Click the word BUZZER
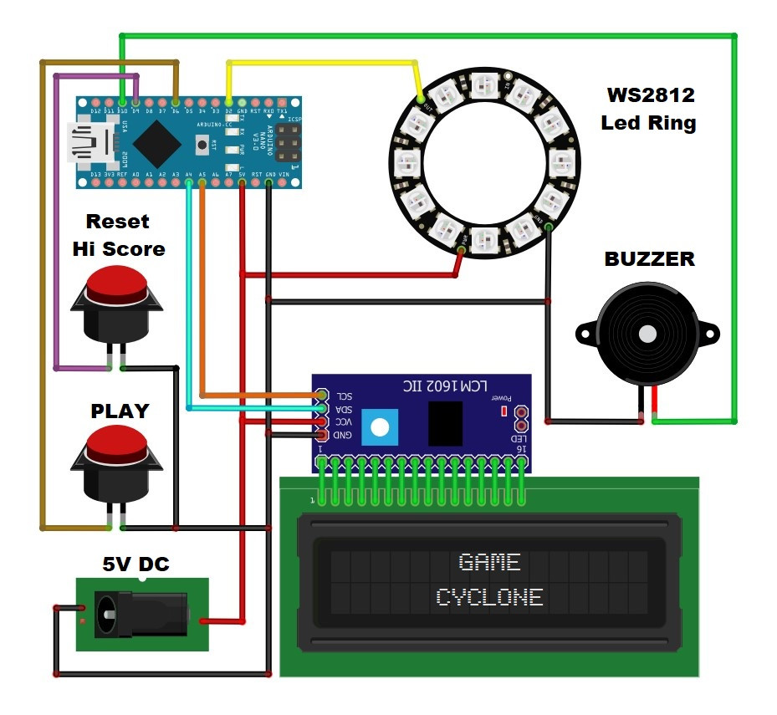649,259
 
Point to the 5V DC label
135,564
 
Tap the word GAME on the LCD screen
489,562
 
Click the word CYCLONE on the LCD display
489,597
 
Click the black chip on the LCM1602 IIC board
445,423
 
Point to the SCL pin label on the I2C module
344,395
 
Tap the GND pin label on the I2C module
344,436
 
